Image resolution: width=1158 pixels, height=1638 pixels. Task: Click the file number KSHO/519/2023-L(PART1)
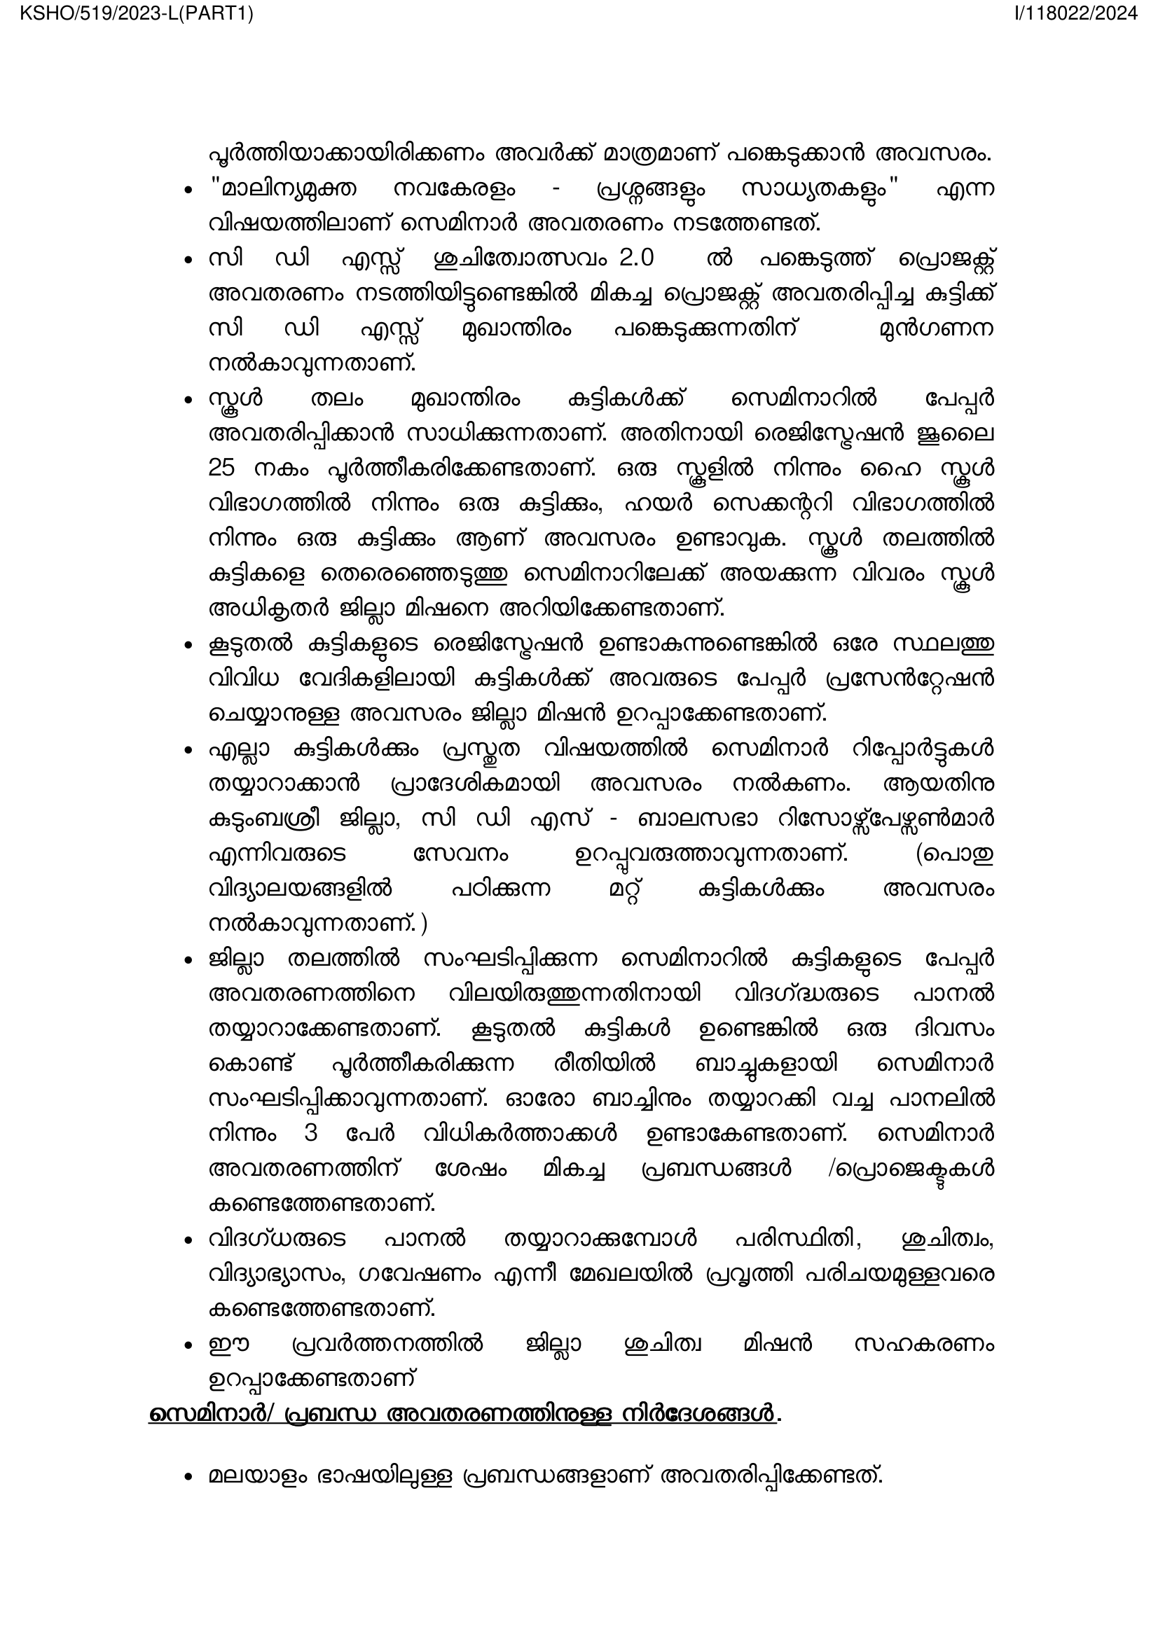[137, 13]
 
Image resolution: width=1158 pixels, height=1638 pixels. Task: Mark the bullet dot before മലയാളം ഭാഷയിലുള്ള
[188, 1476]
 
